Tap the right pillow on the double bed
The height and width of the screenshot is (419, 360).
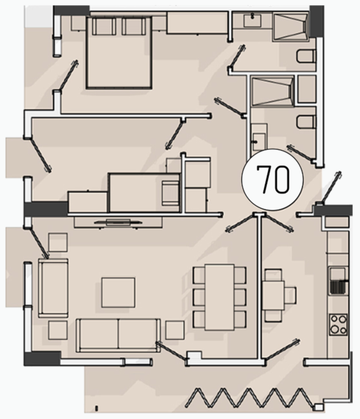click(134, 26)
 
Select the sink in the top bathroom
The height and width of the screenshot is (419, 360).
click(252, 21)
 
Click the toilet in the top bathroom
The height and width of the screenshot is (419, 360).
click(306, 56)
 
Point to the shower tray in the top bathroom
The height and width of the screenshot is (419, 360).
click(291, 27)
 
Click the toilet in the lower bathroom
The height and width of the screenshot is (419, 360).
click(306, 122)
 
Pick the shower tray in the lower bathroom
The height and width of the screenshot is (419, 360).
click(273, 91)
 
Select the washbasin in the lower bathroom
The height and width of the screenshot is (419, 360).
click(259, 142)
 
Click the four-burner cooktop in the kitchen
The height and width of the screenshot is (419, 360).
click(338, 325)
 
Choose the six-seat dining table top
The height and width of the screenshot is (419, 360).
click(219, 297)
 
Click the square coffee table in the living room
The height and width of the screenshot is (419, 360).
click(118, 293)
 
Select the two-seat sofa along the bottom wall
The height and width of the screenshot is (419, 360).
click(118, 335)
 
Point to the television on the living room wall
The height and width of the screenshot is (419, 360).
click(117, 222)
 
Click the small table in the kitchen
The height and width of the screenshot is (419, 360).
click(273, 295)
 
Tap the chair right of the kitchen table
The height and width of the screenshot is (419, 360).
click(291, 295)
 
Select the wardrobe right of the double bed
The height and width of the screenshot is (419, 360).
click(197, 23)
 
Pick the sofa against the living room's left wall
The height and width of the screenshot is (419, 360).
click(53, 288)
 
